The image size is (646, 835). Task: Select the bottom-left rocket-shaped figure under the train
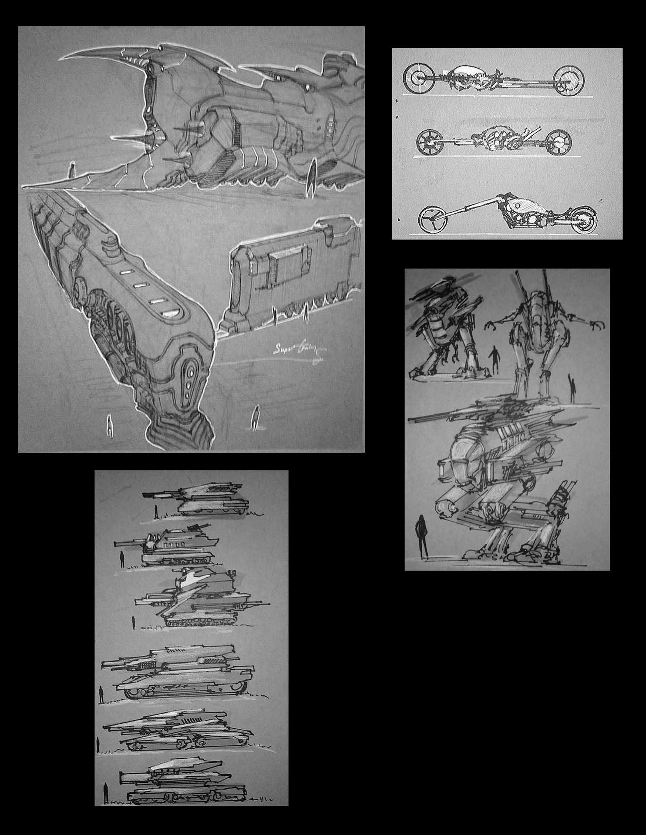coord(108,425)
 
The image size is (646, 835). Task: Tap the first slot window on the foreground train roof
coord(126,271)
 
